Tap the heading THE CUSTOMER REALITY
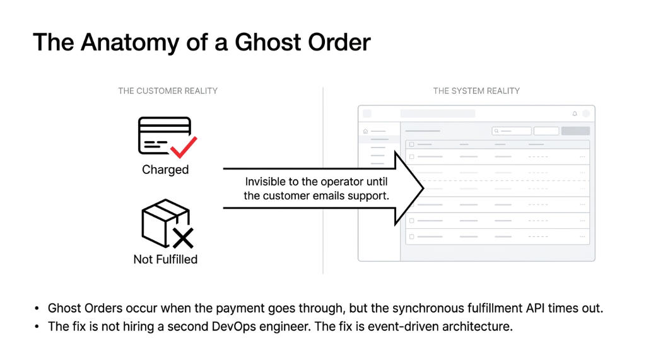tap(168, 91)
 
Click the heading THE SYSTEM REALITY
tap(476, 91)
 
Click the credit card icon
tap(163, 136)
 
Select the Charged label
tap(165, 170)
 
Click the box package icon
tap(162, 223)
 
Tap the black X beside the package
tap(183, 238)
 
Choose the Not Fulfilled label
tap(165, 259)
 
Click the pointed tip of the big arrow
tap(423, 189)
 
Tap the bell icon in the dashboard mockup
tap(575, 114)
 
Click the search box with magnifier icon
tap(512, 131)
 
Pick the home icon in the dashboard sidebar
tap(365, 131)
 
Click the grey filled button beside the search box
tap(575, 131)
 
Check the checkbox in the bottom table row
tap(412, 236)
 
